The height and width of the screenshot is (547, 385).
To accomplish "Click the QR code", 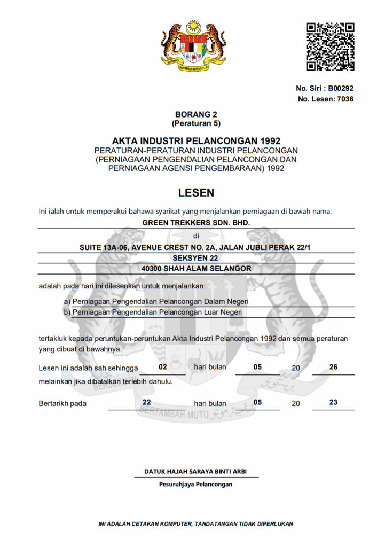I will [x=330, y=46].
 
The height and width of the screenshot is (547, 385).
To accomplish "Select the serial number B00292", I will [x=341, y=88].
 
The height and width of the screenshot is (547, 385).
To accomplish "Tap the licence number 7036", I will [x=345, y=99].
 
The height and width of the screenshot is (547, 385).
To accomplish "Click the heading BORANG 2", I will [x=196, y=114].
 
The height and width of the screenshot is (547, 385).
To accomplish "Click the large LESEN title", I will [x=196, y=192].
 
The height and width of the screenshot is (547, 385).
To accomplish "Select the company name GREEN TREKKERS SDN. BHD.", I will [x=196, y=222].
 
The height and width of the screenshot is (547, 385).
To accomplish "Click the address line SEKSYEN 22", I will [x=196, y=258].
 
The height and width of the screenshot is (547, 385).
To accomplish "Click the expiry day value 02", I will [x=163, y=367].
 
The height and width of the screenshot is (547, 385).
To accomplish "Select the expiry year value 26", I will [x=333, y=367].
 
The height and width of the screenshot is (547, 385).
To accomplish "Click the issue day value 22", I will [x=146, y=402].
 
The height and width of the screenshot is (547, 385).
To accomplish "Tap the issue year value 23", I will [x=333, y=402].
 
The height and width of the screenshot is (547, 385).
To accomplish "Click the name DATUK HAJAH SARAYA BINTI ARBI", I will [x=195, y=472].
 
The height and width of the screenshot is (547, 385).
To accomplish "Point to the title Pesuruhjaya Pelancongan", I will [x=195, y=485].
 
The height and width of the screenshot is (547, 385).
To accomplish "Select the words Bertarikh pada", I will [x=62, y=403].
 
